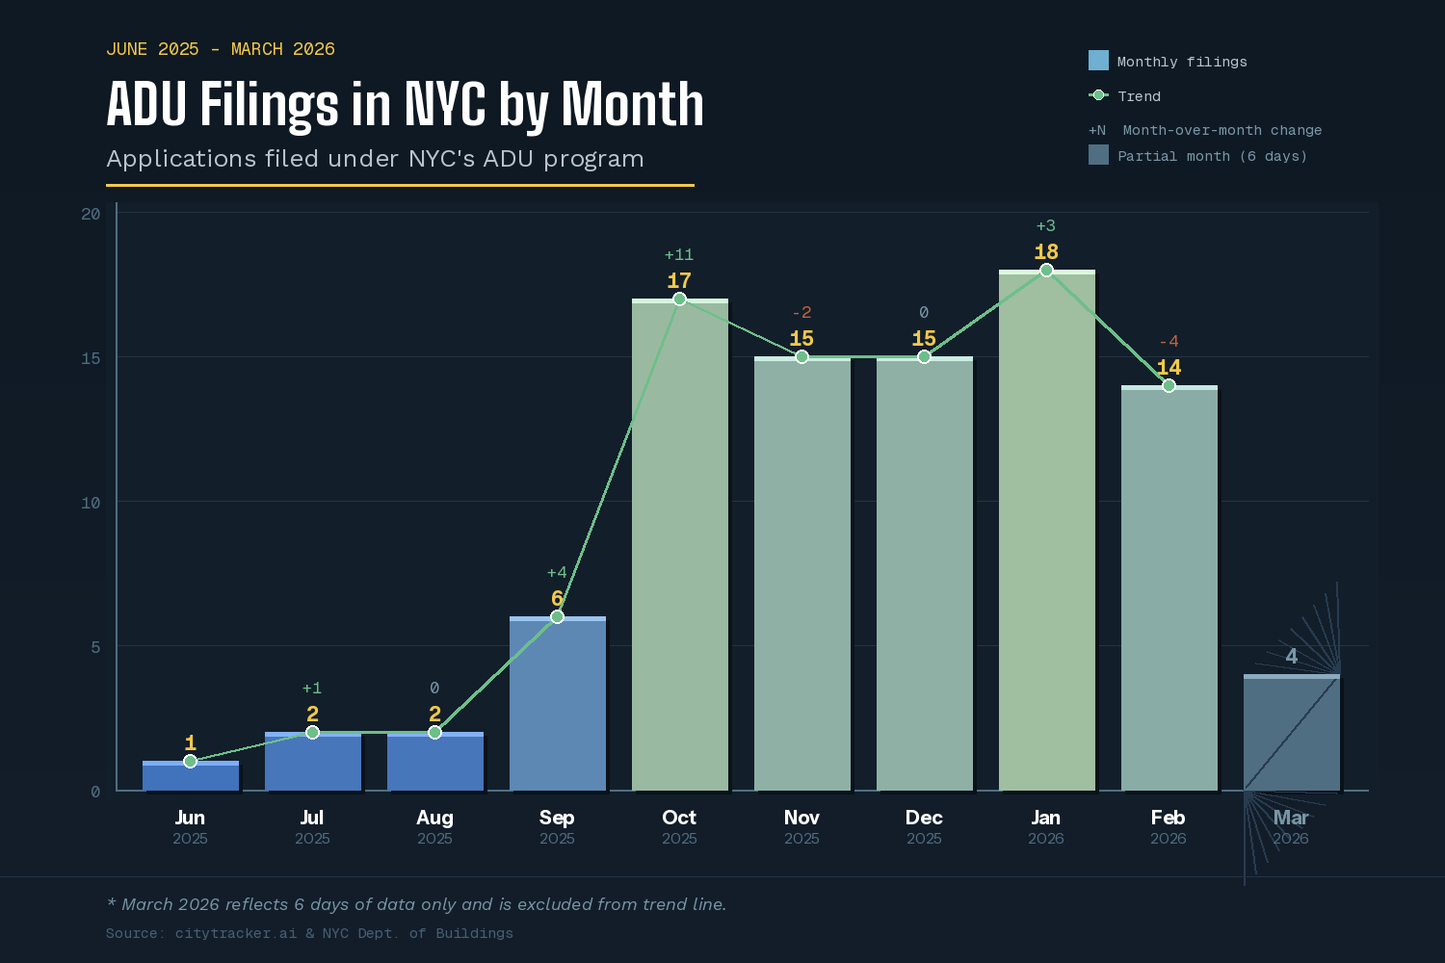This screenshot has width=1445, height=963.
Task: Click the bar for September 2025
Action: pos(557,704)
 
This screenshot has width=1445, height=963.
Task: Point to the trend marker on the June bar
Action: pos(190,761)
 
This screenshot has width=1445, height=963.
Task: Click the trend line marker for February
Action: pos(1169,385)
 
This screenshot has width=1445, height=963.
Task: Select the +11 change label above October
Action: pos(679,254)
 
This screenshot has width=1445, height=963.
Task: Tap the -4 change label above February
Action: pos(1169,341)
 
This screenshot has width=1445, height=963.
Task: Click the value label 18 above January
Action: pos(1046,252)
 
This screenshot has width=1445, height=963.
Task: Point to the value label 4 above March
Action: pos(1291,656)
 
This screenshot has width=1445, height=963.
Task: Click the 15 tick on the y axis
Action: pos(91,358)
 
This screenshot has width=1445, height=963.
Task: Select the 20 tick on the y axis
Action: pos(91,214)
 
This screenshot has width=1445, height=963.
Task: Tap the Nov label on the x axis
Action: pos(801,818)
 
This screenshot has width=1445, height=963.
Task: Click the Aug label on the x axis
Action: pos(434,818)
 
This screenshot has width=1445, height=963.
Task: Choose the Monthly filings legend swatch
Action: pos(1098,61)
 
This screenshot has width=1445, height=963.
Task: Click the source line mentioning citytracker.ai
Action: pos(309,933)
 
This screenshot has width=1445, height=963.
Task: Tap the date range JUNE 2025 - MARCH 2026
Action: pos(221,49)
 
